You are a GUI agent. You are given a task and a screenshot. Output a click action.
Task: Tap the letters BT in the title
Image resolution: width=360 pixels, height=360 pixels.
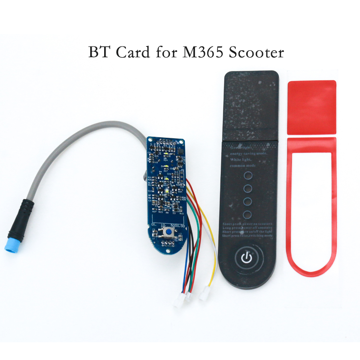[98, 52]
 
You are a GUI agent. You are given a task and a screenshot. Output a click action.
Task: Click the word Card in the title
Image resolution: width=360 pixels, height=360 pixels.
[127, 52]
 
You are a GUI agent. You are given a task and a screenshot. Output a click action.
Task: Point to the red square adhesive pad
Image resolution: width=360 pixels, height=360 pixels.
[311, 107]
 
